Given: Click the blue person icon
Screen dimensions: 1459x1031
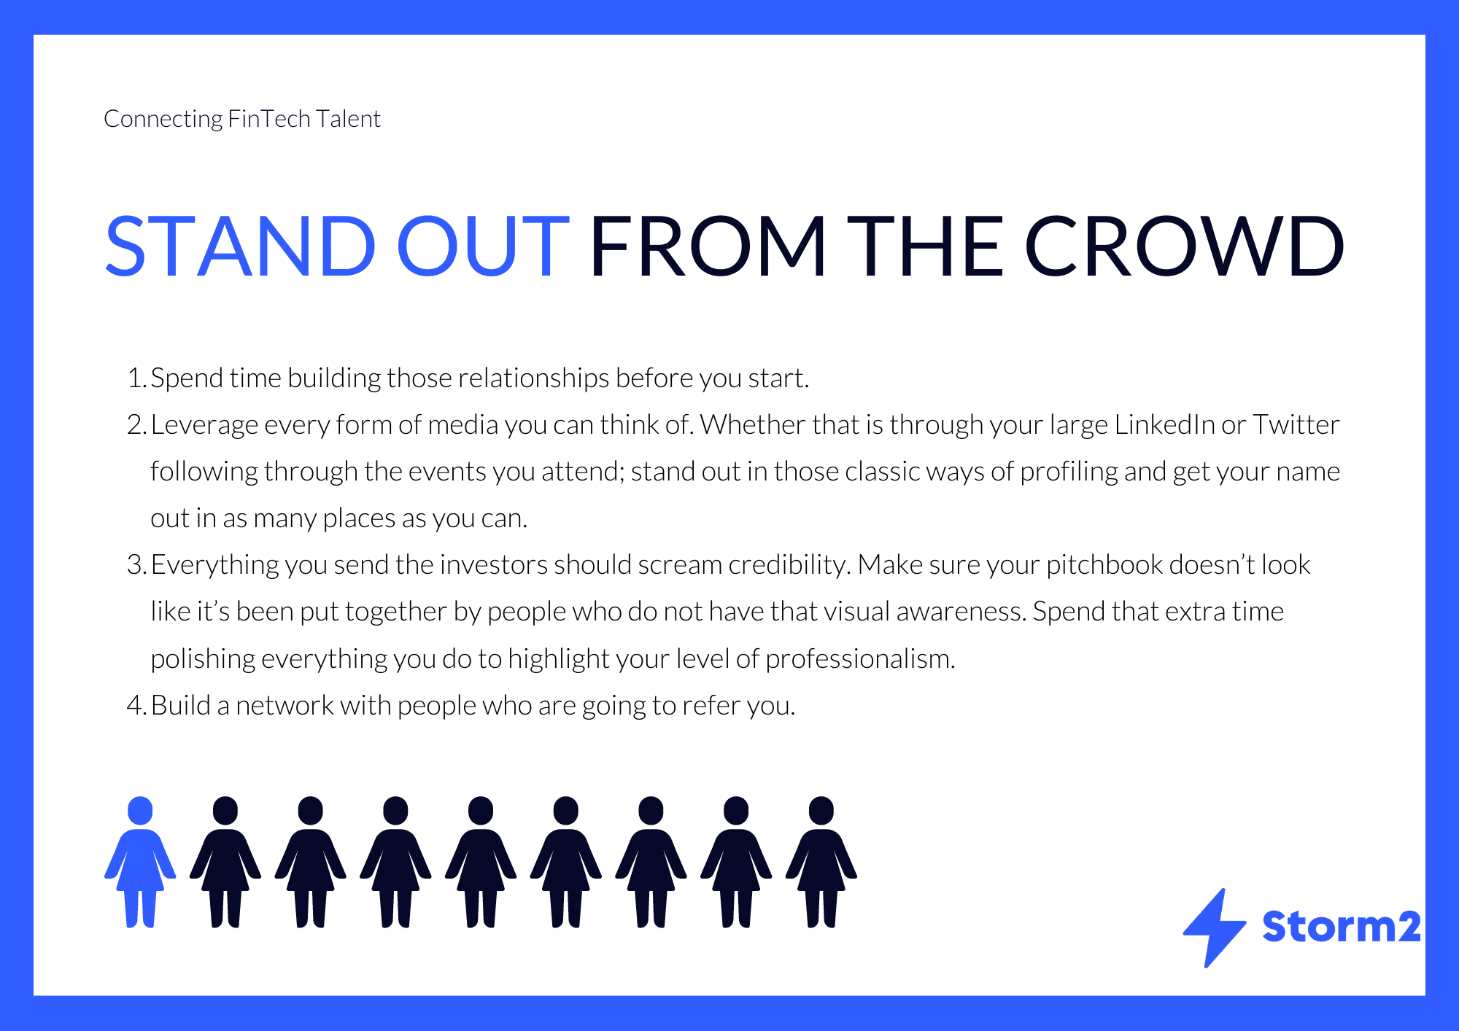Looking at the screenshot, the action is (x=140, y=862).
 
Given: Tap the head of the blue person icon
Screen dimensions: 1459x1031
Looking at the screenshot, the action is (x=140, y=811).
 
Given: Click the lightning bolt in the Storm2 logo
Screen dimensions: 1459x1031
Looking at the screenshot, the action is (x=1214, y=927).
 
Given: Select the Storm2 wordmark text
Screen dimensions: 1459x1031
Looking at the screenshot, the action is (x=1342, y=927).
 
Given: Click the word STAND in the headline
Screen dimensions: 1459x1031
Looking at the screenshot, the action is (x=241, y=246).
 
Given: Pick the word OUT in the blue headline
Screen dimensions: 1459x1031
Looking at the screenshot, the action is (x=482, y=246).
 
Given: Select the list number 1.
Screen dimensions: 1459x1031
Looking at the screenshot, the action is (x=136, y=378).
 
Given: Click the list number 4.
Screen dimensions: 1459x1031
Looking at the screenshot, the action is (x=136, y=705).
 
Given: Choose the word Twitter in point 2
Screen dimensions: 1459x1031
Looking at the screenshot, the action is (x=1296, y=424).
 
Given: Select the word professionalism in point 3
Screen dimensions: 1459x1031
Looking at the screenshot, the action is (x=860, y=659).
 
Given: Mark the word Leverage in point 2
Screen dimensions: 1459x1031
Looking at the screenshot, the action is (x=204, y=425).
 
